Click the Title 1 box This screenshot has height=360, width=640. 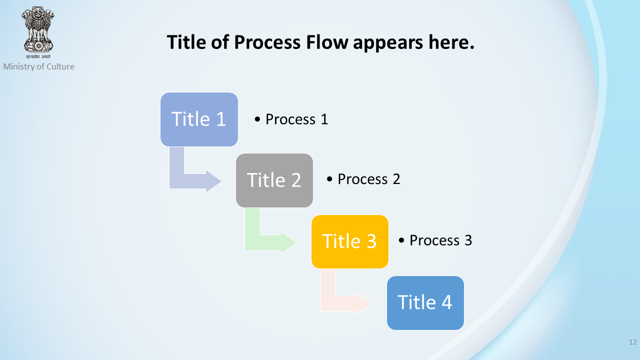199,119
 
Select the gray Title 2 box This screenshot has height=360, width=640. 274,180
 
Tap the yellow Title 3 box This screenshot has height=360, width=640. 349,241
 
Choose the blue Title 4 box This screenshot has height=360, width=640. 425,303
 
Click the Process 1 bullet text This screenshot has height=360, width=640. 291,119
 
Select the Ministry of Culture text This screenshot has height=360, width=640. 39,66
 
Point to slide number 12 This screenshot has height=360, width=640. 633,342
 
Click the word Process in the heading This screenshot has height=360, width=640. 267,42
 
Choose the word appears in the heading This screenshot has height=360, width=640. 388,43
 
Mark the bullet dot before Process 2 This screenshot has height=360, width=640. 329,179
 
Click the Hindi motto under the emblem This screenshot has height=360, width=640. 38,56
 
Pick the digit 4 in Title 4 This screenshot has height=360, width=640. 447,302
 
